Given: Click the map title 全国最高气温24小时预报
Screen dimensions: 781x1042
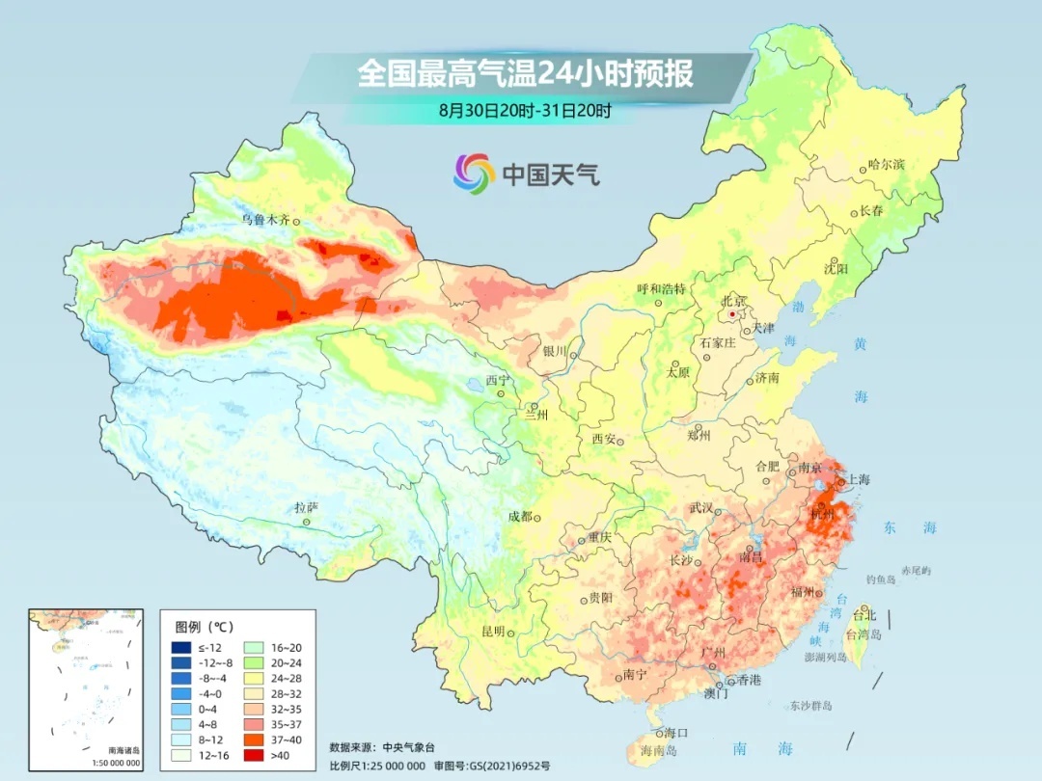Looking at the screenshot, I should (x=525, y=73).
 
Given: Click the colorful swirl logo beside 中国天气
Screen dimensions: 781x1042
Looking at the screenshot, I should (x=474, y=173).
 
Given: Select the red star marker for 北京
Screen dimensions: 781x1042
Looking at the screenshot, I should (x=733, y=314).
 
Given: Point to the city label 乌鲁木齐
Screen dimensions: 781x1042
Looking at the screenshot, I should (x=264, y=220).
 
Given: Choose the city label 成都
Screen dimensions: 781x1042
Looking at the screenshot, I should (x=519, y=516).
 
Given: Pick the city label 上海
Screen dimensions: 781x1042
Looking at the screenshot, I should (x=858, y=480).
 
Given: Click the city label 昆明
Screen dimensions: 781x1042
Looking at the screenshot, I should (x=493, y=631).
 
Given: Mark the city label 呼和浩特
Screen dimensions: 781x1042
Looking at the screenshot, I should (x=661, y=288).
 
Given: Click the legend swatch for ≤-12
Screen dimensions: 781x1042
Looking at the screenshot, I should (x=181, y=647).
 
